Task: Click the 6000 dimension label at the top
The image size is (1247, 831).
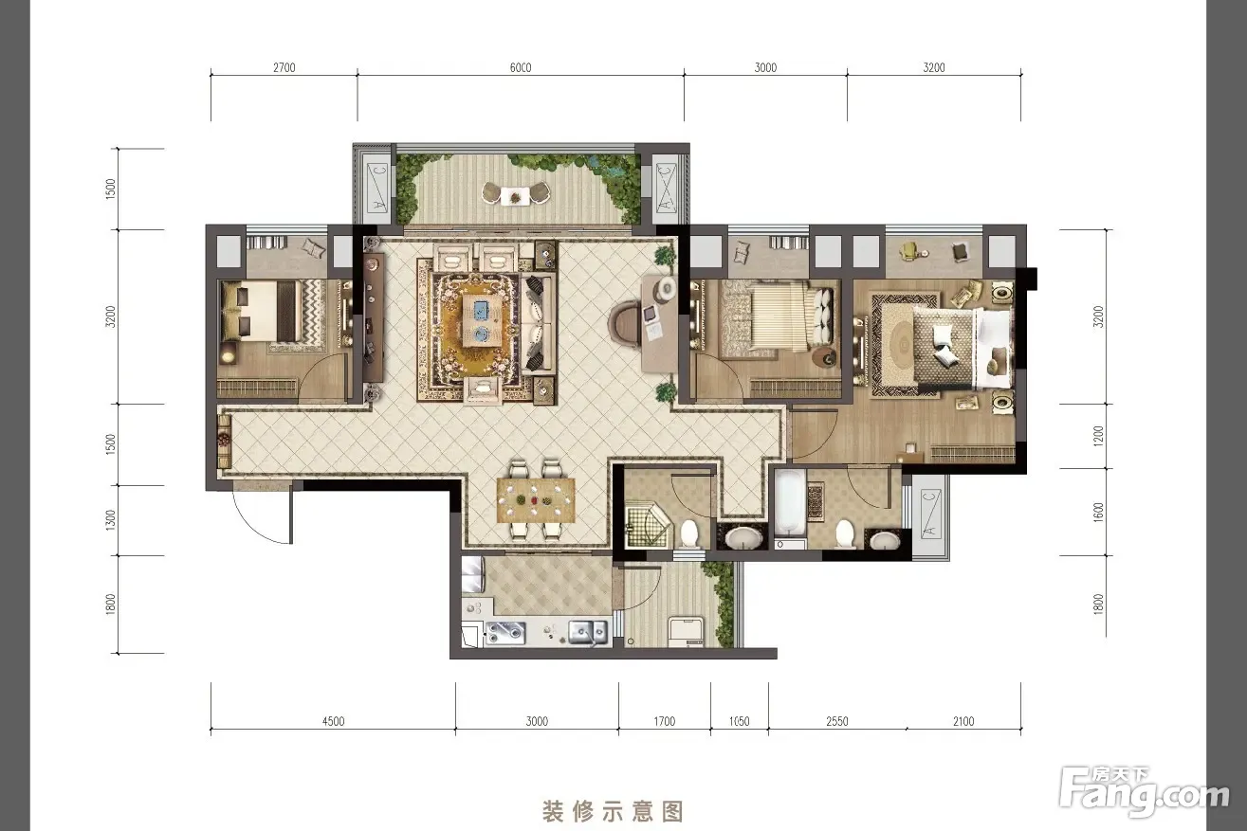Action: [x=521, y=68]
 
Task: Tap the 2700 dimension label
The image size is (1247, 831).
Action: [x=284, y=68]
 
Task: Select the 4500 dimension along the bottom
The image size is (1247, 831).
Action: [x=334, y=721]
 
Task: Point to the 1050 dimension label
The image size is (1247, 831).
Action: [x=740, y=721]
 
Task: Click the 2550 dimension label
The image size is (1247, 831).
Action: [x=837, y=721]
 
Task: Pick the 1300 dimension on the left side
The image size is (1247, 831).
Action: [x=110, y=520]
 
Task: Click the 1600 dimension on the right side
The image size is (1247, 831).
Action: [x=1098, y=513]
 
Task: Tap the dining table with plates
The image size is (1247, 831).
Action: [x=536, y=500]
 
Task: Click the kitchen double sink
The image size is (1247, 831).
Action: [x=587, y=632]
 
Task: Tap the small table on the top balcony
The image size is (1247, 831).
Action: [x=516, y=196]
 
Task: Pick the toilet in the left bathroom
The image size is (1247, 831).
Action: [x=689, y=533]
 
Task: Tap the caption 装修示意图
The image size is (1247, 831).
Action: [x=613, y=811]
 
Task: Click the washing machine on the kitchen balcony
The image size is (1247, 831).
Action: [x=687, y=631]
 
